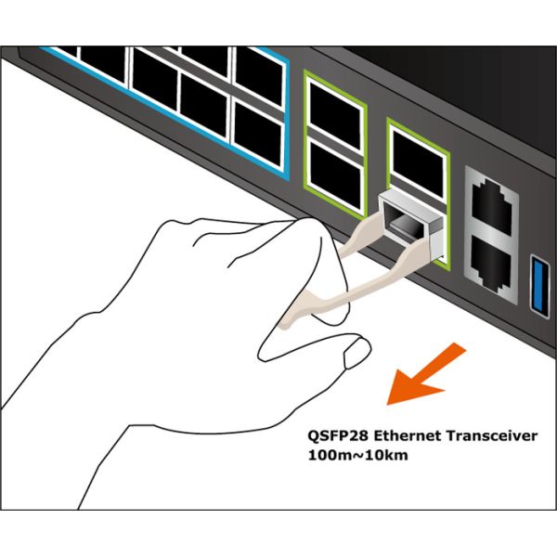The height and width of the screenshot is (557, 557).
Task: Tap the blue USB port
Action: tap(540, 282)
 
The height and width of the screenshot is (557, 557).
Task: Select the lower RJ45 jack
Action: tap(491, 259)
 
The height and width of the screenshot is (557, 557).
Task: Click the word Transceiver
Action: tap(492, 435)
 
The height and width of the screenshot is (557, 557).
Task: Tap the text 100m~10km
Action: tap(357, 455)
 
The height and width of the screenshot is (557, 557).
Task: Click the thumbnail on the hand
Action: tap(357, 353)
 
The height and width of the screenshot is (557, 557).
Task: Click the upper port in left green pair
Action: tap(335, 113)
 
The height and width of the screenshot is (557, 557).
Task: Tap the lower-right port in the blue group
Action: tap(258, 133)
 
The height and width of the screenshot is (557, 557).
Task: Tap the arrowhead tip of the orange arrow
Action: tap(386, 405)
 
